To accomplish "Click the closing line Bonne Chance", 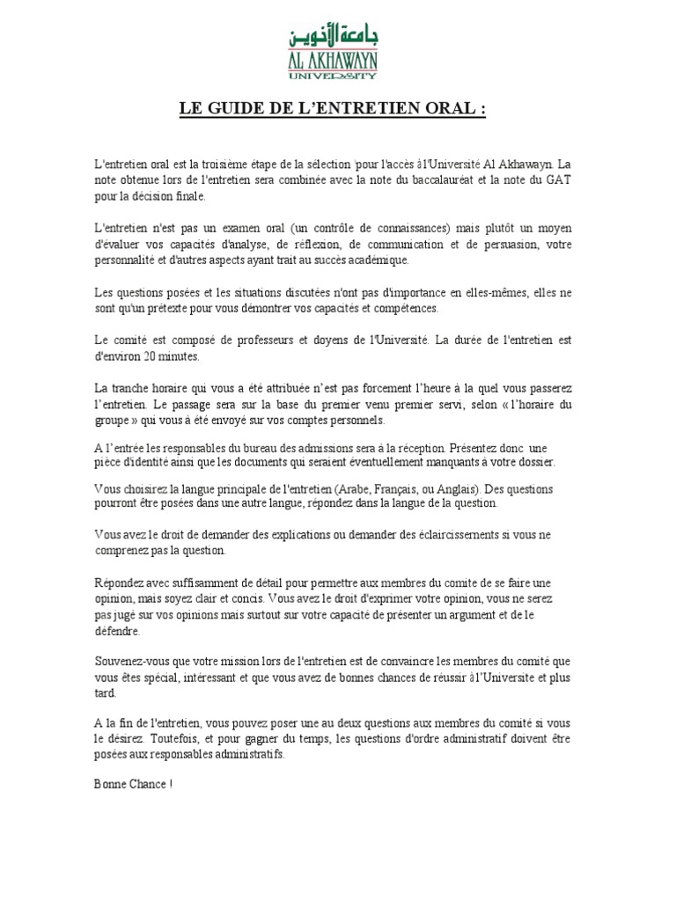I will pyautogui.click(x=129, y=783).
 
